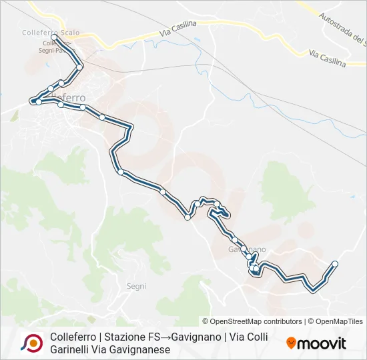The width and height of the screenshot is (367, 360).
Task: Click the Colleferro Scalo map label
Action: coord(51,31)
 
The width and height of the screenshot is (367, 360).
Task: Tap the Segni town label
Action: coord(136,286)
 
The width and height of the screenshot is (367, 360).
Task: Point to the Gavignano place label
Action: coord(247,249)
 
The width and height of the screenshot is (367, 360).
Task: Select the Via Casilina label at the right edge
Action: coord(328,59)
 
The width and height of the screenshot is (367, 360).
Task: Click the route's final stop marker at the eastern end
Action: coord(335,264)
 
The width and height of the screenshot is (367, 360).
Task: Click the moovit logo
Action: coord(317,343)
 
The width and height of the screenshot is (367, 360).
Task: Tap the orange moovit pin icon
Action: coord(291,343)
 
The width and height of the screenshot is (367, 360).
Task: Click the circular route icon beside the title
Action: coord(31,343)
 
